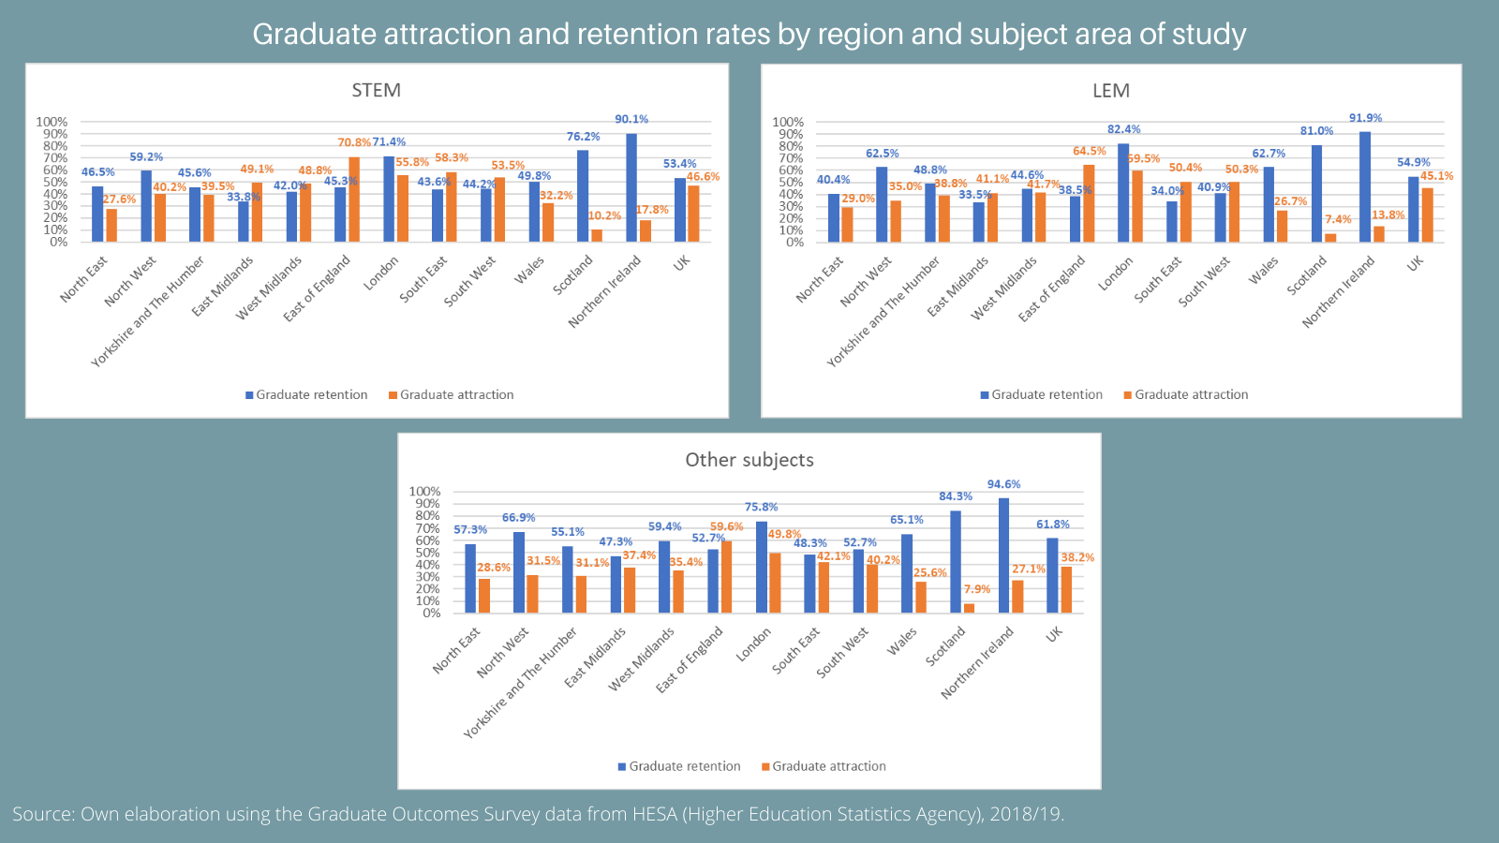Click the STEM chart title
[x=376, y=90]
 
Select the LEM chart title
[x=1111, y=91]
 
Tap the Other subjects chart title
[x=749, y=460]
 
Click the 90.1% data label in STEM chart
[x=631, y=119]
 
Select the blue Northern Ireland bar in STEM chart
[x=631, y=187]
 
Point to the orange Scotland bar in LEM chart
[x=1330, y=237]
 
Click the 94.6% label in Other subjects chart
[x=1003, y=484]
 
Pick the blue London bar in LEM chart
[x=1123, y=192]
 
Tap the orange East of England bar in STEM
[x=354, y=200]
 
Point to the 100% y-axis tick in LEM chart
[x=788, y=122]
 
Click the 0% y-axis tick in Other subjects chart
[x=431, y=614]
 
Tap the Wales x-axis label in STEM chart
[x=529, y=269]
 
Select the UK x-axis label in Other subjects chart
[x=1055, y=634]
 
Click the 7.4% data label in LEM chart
[x=1338, y=219]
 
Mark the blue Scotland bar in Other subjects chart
[x=956, y=562]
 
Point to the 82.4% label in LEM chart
[x=1124, y=129]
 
